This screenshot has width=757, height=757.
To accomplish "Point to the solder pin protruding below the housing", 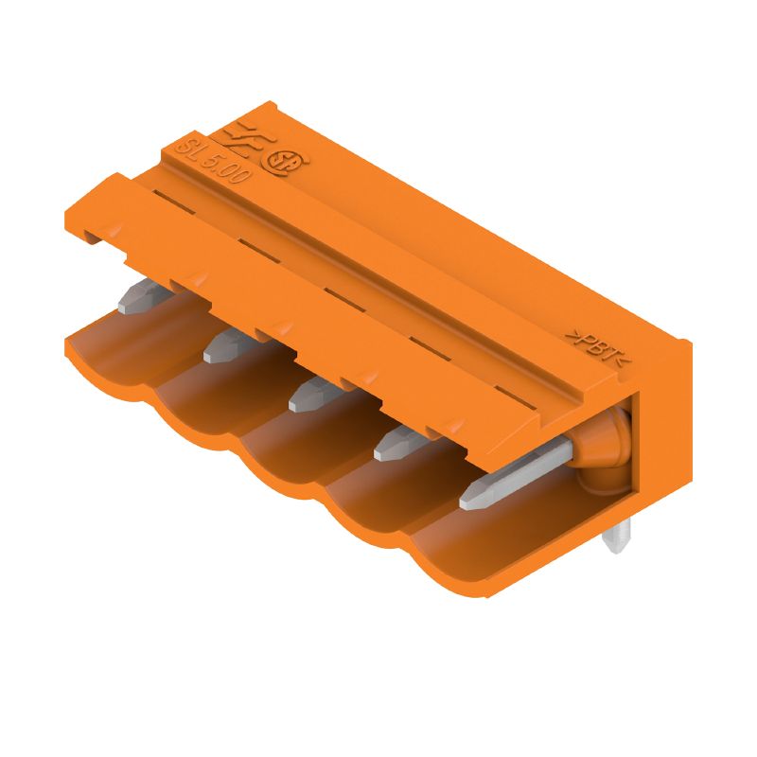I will pyautogui.click(x=619, y=539).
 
